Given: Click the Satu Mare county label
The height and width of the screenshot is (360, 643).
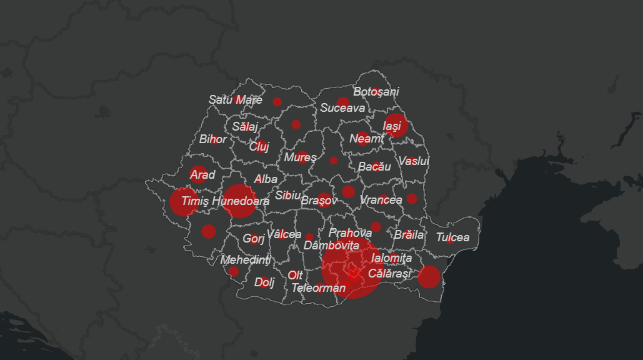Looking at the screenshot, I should click(x=236, y=100).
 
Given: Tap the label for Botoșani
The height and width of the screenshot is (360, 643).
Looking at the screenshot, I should click(x=376, y=92).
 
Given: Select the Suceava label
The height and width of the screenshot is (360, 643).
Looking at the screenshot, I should click(x=342, y=107).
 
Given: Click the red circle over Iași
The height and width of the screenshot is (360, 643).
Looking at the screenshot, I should click(x=396, y=125).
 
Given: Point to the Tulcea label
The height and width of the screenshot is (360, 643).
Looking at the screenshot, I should click(x=452, y=237).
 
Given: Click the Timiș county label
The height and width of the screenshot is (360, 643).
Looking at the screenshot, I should click(x=194, y=201).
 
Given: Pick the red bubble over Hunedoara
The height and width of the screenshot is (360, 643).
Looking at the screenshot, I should click(x=239, y=201).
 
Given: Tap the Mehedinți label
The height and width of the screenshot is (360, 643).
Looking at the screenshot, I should click(x=246, y=259).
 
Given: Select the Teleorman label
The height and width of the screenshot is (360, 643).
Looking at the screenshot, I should click(x=318, y=288).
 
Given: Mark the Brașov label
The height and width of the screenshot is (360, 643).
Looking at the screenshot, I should click(x=319, y=201).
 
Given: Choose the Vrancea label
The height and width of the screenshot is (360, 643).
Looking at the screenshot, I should click(x=381, y=200).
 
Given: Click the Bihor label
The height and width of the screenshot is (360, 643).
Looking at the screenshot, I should click(x=212, y=139).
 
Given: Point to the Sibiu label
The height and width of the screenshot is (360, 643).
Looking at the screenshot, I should click(x=287, y=196).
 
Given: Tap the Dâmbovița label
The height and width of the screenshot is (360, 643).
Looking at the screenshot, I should click(x=331, y=246).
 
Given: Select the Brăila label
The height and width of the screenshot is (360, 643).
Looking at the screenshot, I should click(x=409, y=236).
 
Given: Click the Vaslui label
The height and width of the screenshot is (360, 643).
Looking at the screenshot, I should click(x=414, y=161).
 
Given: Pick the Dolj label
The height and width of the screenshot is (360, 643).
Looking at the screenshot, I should click(x=264, y=282).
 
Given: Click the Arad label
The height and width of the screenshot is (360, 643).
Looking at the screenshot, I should click(x=202, y=175).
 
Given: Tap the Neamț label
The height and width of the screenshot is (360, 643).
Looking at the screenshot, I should click(x=366, y=139).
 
